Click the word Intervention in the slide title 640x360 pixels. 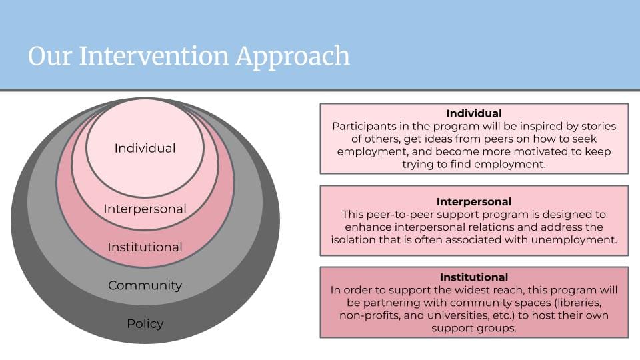pyautogui.click(x=153, y=55)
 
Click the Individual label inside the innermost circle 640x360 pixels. pyautogui.click(x=145, y=148)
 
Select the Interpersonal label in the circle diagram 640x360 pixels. pyautogui.click(x=145, y=209)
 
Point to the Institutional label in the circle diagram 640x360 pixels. pyautogui.click(x=145, y=247)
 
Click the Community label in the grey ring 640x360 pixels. pyautogui.click(x=145, y=285)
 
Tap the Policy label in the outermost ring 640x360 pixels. pyautogui.click(x=145, y=324)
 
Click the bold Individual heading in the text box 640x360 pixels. pyautogui.click(x=474, y=113)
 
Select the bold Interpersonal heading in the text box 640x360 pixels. pyautogui.click(x=474, y=201)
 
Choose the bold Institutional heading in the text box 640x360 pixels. pyautogui.click(x=474, y=277)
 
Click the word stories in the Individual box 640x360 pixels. pyautogui.click(x=599, y=126)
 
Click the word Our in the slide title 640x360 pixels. pyautogui.click(x=50, y=56)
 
